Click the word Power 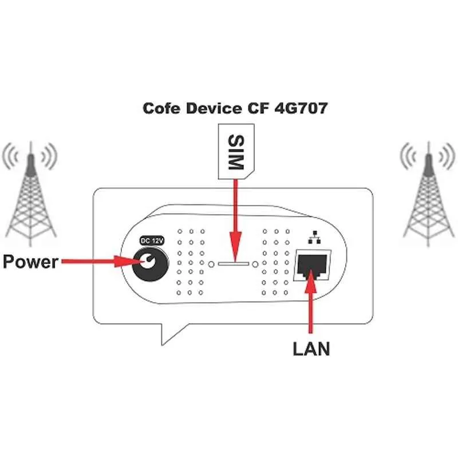30,262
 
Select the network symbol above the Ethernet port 313,236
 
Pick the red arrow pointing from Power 97,262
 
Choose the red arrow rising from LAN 311,303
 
